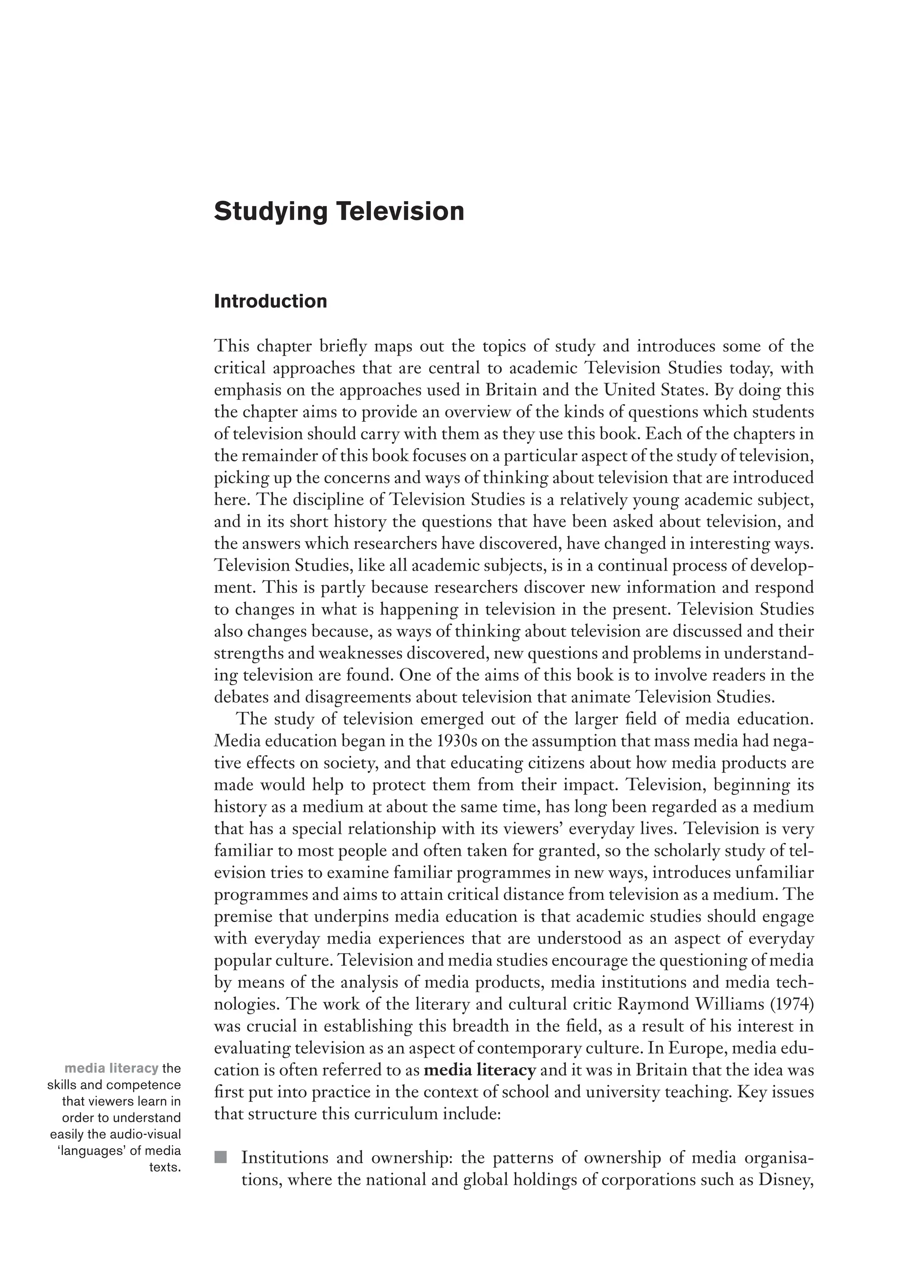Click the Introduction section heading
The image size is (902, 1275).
(x=270, y=302)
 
